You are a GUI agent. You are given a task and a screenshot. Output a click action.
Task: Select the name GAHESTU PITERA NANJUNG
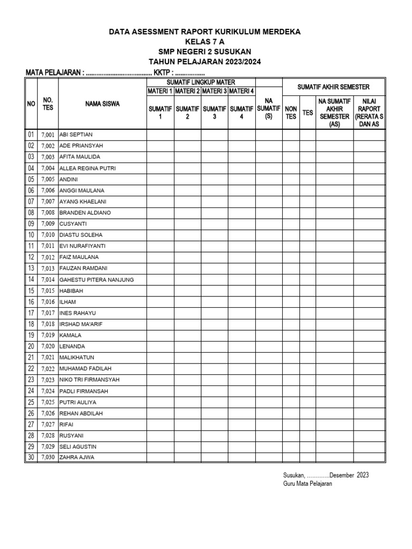[97, 279]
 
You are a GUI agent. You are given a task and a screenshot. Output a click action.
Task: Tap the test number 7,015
[47, 291]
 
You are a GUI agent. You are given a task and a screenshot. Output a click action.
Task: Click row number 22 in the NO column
[31, 368]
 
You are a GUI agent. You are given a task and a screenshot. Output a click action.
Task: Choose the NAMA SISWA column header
[102, 104]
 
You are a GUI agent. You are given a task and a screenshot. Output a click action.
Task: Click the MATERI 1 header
[160, 91]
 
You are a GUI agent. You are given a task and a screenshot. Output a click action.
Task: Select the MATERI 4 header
[241, 91]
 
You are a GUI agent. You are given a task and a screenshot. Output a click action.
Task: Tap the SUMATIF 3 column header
[215, 113]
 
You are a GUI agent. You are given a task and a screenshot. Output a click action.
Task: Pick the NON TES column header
[291, 113]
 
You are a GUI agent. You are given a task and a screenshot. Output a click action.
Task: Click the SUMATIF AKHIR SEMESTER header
[334, 87]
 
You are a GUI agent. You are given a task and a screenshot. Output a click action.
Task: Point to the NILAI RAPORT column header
[369, 112]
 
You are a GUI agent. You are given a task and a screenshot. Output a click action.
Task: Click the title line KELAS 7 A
[205, 42]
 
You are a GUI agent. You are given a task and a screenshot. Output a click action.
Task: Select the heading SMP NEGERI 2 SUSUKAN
[205, 51]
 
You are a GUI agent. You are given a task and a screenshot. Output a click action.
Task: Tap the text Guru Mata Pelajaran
[307, 484]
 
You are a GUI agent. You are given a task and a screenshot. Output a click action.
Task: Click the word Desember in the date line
[341, 475]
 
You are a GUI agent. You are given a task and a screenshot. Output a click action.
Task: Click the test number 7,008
[47, 213]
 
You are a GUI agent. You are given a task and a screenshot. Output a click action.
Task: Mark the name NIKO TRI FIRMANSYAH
[90, 380]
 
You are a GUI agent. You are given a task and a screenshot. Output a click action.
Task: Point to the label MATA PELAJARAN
[54, 73]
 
